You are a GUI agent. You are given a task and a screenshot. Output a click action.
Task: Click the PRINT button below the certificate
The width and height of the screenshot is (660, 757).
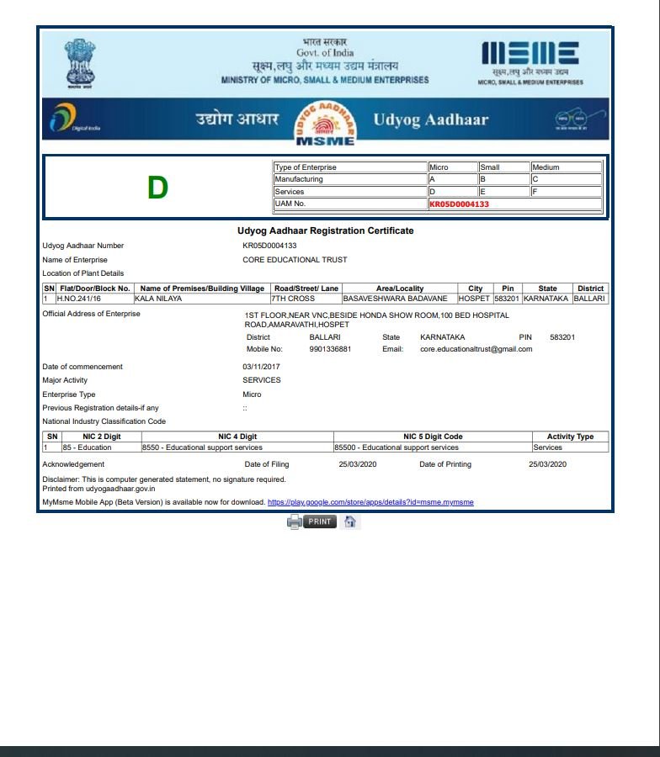pyautogui.click(x=319, y=521)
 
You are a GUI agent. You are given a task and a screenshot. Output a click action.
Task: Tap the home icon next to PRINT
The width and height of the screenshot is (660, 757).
pyautogui.click(x=350, y=521)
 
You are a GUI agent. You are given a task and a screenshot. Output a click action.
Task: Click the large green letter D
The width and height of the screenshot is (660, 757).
pyautogui.click(x=157, y=188)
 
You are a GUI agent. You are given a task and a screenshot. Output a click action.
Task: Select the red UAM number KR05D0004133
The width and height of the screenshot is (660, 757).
pyautogui.click(x=459, y=204)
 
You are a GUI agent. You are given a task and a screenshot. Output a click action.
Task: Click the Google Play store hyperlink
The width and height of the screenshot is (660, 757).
pyautogui.click(x=370, y=502)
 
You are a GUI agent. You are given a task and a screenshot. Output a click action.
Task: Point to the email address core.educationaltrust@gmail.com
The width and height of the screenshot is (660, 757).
pyautogui.click(x=476, y=349)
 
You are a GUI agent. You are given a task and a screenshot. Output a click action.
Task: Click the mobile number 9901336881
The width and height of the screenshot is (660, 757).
pyautogui.click(x=330, y=349)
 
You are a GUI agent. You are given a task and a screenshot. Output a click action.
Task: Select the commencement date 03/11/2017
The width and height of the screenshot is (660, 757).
pyautogui.click(x=262, y=367)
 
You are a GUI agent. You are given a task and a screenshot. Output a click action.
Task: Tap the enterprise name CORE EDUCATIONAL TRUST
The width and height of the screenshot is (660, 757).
pyautogui.click(x=295, y=260)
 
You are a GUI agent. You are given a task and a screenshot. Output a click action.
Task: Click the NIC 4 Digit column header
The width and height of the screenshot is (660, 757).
pyautogui.click(x=237, y=437)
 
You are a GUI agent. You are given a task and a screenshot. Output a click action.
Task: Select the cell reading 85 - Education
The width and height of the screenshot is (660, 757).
pyautogui.click(x=87, y=447)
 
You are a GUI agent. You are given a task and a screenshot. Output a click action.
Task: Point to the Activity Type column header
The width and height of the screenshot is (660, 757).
pyautogui.click(x=570, y=437)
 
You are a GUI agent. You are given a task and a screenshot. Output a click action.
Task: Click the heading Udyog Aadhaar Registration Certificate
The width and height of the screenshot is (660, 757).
pyautogui.click(x=325, y=230)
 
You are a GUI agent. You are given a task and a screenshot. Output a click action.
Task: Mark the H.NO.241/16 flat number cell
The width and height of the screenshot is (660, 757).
pyautogui.click(x=78, y=299)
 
